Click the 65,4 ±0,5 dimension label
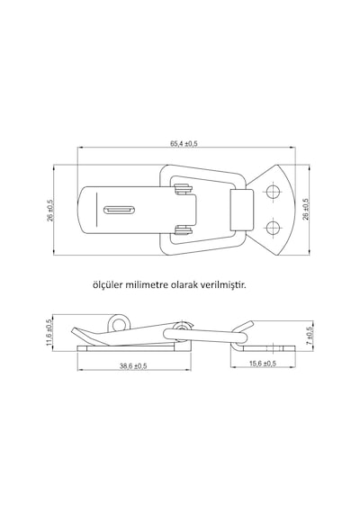coord(184,144)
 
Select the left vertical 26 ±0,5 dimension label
coord(50,210)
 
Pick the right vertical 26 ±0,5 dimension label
coord(306,209)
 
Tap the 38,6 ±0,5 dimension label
coord(133,366)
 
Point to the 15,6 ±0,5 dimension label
coord(263,364)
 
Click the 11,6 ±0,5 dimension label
coord(49,332)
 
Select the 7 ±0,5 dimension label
coord(310,334)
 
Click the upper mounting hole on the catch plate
coord(273,192)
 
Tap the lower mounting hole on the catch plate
coord(273,228)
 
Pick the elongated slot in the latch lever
coord(119,210)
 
